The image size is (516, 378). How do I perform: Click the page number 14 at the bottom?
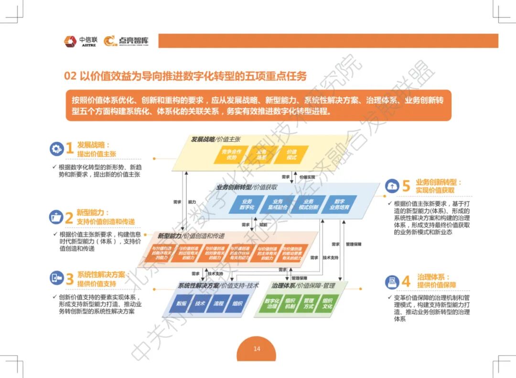coord(257,349)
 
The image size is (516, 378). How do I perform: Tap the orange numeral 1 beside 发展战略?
coord(70,148)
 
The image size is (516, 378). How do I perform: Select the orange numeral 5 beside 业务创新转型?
coord(406,186)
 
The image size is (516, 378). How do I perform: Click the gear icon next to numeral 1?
coord(56,148)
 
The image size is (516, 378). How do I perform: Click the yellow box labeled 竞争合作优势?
coord(232,154)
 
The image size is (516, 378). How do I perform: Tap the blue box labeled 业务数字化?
coord(247,205)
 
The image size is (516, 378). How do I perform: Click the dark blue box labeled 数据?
coord(181,304)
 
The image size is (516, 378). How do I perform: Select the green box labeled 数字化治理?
coord(272,304)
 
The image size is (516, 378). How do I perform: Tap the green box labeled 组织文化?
coord(327,304)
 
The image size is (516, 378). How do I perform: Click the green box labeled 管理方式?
coord(309,304)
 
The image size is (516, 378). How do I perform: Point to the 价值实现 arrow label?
coord(307,177)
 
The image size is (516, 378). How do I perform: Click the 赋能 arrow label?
coord(263,224)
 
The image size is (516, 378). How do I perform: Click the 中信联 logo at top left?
coord(80,41)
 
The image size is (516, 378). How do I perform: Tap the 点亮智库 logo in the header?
coord(127,41)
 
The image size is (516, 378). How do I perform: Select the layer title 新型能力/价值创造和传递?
coord(191,236)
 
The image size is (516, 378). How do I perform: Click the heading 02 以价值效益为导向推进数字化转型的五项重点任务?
coord(185,76)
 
